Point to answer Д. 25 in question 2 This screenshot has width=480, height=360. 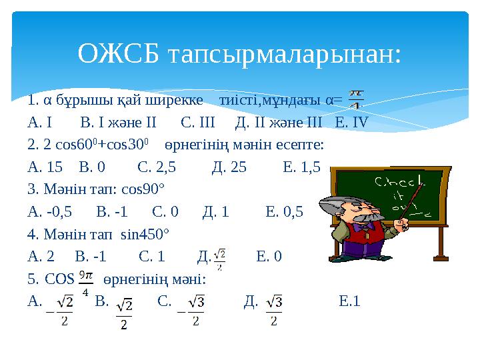229,167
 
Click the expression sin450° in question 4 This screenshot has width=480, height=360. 146,234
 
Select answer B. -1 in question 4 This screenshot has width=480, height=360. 91,256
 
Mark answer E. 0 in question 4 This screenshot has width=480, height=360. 269,256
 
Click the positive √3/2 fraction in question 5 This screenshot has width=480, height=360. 275,311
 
